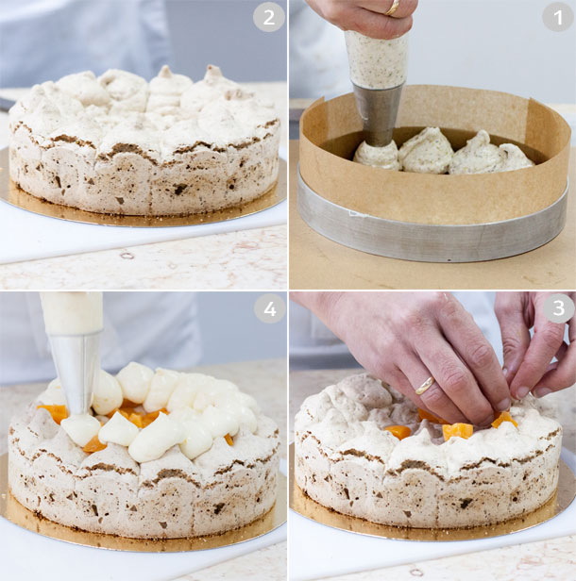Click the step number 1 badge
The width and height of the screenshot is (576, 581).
pyautogui.click(x=557, y=18)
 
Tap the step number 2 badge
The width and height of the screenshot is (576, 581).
pyautogui.click(x=268, y=18)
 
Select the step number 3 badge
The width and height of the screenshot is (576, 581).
pyautogui.click(x=557, y=308)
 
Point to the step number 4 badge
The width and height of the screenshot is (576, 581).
pyautogui.click(x=269, y=308)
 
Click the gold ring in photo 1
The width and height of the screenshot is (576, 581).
pyautogui.click(x=393, y=8)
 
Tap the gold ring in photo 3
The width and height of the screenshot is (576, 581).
pyautogui.click(x=426, y=386)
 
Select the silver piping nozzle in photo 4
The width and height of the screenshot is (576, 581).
pyautogui.click(x=75, y=371)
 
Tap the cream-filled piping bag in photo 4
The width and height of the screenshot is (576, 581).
pyautogui.click(x=72, y=312)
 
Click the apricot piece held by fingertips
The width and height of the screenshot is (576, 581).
pyautogui.click(x=503, y=420)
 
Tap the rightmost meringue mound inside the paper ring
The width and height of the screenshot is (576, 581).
pyautogui.click(x=491, y=155)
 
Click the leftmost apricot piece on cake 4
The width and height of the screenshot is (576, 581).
pyautogui.click(x=53, y=413)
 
